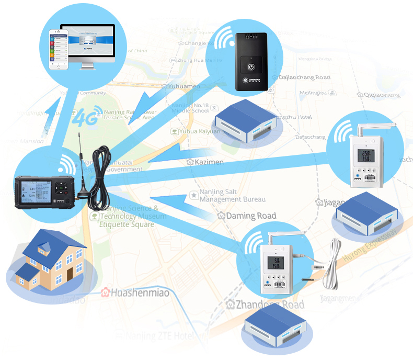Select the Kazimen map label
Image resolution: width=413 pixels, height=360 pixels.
click(205, 162)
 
